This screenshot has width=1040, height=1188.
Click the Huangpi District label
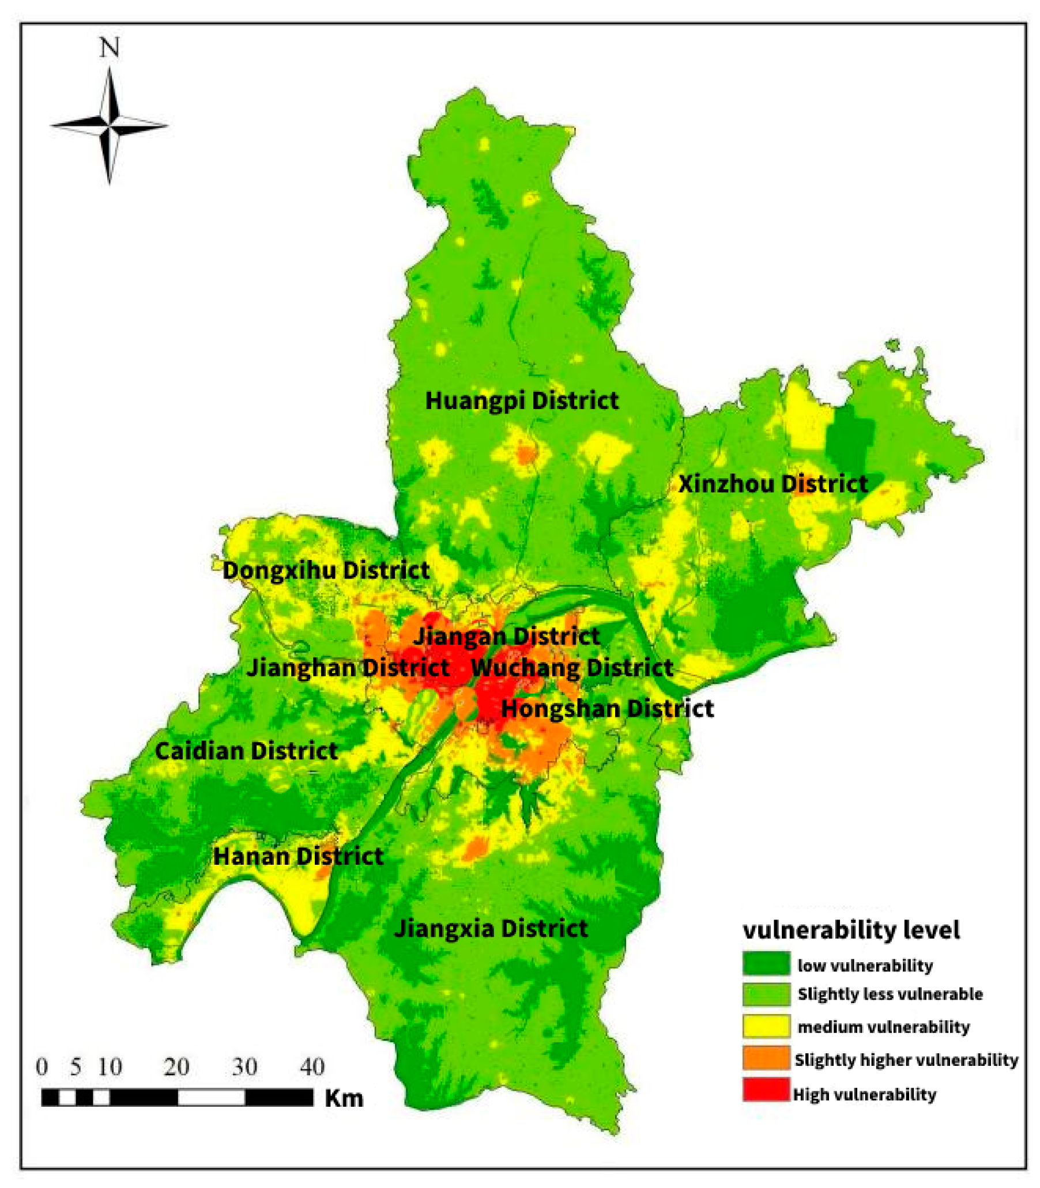(x=522, y=401)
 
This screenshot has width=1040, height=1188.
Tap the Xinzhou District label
(x=773, y=484)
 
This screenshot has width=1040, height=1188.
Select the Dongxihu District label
(x=326, y=570)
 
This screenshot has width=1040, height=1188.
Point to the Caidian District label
(x=246, y=751)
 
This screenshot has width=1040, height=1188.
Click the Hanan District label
(x=298, y=856)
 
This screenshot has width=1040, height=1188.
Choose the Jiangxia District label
(x=491, y=929)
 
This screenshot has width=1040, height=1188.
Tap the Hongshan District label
(x=607, y=709)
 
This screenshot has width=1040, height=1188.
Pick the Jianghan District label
(x=348, y=668)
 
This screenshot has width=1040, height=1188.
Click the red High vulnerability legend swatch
(x=766, y=1089)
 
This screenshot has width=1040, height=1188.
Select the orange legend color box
(x=766, y=1057)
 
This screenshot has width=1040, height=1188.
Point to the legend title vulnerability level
(x=851, y=930)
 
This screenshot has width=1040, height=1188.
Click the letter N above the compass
(x=109, y=48)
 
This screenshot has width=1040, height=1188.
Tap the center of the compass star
(x=109, y=124)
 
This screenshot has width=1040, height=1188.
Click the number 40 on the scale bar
(x=312, y=1067)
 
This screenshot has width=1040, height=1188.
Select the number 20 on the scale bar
(x=176, y=1067)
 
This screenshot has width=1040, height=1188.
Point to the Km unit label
(x=344, y=1099)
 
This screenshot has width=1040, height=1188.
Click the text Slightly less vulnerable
(x=890, y=994)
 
